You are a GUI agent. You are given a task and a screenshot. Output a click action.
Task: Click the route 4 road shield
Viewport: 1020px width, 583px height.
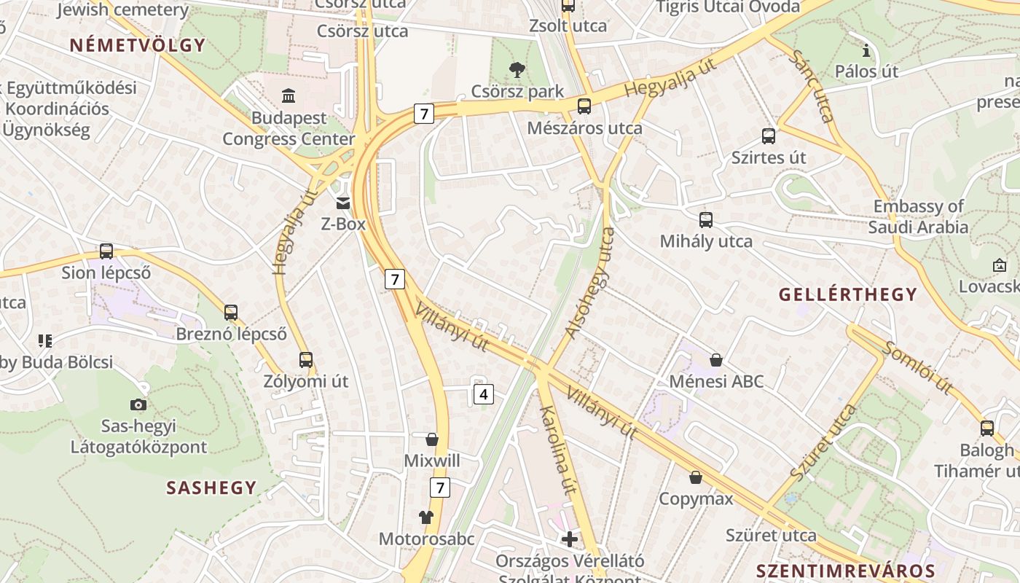(x=483, y=394)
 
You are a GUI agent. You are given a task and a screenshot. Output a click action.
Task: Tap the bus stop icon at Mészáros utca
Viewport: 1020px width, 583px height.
(x=584, y=106)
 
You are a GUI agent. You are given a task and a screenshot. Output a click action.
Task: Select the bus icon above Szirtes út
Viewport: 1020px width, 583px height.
(x=769, y=136)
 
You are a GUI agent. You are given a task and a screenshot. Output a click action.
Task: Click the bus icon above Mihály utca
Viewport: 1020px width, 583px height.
(x=705, y=219)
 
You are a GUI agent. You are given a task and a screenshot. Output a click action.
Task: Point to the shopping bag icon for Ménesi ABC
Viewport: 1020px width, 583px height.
(x=716, y=360)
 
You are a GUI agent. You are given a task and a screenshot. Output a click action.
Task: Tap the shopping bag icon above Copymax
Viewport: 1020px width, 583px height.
(x=696, y=478)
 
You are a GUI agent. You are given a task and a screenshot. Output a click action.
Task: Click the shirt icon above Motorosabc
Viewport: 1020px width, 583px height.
(x=426, y=517)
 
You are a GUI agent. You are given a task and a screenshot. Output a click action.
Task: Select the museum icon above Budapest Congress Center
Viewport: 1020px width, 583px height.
(x=289, y=95)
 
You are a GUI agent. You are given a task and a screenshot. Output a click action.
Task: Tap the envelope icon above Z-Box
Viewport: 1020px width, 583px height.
(x=342, y=203)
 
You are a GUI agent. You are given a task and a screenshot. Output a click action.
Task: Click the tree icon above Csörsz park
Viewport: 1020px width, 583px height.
(x=517, y=70)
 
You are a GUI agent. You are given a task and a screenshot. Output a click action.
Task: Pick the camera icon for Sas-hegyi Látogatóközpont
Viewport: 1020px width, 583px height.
(x=138, y=404)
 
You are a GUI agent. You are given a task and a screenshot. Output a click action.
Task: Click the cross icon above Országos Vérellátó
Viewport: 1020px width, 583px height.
(x=570, y=539)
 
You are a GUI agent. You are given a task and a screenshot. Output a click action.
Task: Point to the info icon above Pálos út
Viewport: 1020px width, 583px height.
(x=866, y=50)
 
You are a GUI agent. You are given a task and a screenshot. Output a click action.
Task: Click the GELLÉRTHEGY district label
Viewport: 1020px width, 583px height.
(x=847, y=294)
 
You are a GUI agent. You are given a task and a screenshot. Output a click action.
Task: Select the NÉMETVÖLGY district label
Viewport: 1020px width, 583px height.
(x=138, y=45)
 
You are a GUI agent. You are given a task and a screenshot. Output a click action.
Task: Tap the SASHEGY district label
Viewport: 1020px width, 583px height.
(x=211, y=488)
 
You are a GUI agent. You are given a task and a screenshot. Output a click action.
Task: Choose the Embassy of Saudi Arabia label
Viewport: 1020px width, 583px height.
(x=918, y=216)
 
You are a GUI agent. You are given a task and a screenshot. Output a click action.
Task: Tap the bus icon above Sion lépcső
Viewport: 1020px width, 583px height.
(x=106, y=251)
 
